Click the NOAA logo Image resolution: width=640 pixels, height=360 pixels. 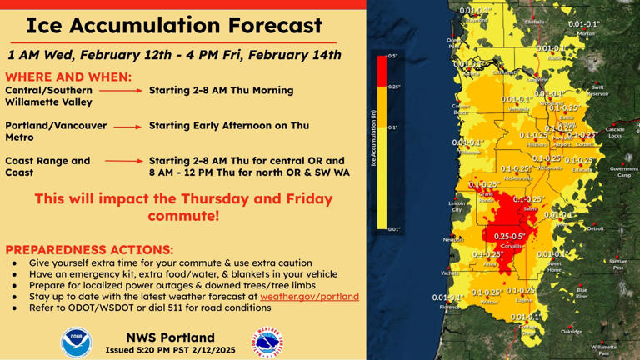(x=77, y=342)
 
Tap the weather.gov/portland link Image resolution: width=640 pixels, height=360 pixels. (x=309, y=296)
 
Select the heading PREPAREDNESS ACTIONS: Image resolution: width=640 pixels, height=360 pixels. (x=90, y=249)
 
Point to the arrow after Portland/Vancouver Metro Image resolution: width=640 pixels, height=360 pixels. (x=127, y=126)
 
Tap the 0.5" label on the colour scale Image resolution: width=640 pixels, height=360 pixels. (x=392, y=56)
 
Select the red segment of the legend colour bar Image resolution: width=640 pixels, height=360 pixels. (x=382, y=71)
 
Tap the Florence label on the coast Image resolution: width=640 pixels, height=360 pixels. (x=449, y=307)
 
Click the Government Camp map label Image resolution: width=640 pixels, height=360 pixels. (x=623, y=172)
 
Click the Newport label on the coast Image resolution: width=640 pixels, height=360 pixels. (x=452, y=239)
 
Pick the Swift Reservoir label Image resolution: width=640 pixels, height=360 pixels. (x=598, y=90)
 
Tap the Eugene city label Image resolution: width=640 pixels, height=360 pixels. (x=524, y=300)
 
